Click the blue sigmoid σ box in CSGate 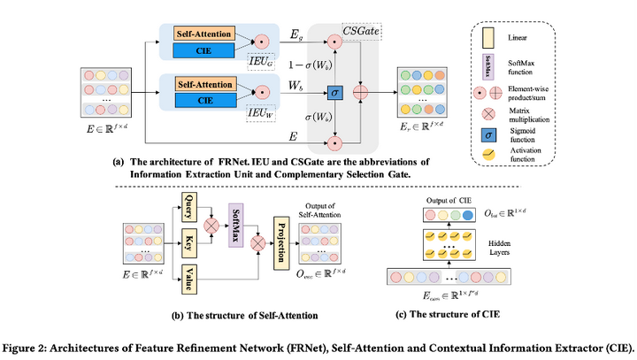tap(334, 92)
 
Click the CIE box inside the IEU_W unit tap(205, 99)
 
